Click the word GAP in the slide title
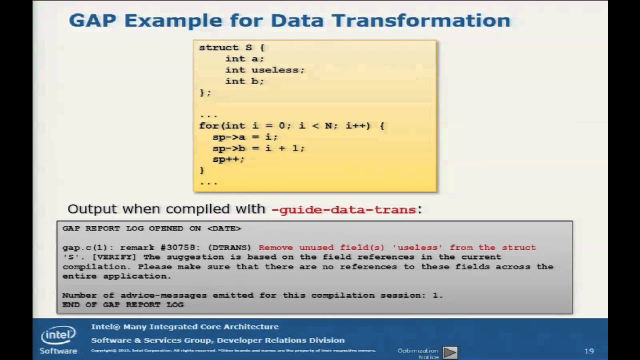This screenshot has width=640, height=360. point(93,21)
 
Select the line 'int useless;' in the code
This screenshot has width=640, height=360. point(264,70)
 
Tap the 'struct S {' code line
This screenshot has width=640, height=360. point(231,47)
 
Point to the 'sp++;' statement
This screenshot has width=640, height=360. point(228,159)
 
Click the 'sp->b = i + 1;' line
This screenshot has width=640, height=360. point(258,148)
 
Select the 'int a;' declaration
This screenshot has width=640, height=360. point(244,58)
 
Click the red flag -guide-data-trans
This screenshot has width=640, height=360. point(343,209)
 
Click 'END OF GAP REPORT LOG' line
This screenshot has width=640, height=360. point(123,304)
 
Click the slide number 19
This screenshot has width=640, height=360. point(588,351)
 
